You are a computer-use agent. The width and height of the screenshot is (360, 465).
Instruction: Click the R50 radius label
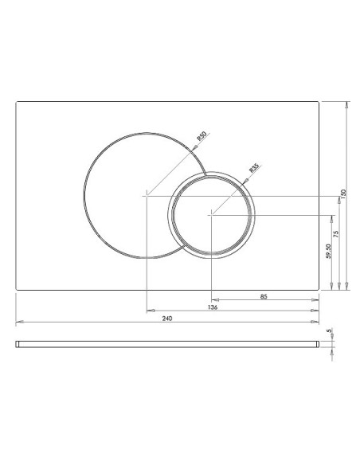click(x=202, y=136)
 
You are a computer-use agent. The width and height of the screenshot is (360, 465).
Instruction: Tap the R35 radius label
click(x=254, y=168)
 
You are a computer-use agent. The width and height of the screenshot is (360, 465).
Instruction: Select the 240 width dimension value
click(x=167, y=318)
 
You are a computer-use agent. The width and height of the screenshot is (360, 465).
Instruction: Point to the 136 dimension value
click(x=213, y=307)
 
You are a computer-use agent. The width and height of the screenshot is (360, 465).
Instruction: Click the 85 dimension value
click(x=264, y=296)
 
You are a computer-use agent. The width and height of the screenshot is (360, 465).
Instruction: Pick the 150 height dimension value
click(x=343, y=194)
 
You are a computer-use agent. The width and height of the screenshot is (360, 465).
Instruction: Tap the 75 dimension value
click(x=335, y=234)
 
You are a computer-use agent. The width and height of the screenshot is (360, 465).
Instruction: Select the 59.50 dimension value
click(x=328, y=251)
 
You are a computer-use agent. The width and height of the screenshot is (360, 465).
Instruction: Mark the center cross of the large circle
click(x=147, y=196)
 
